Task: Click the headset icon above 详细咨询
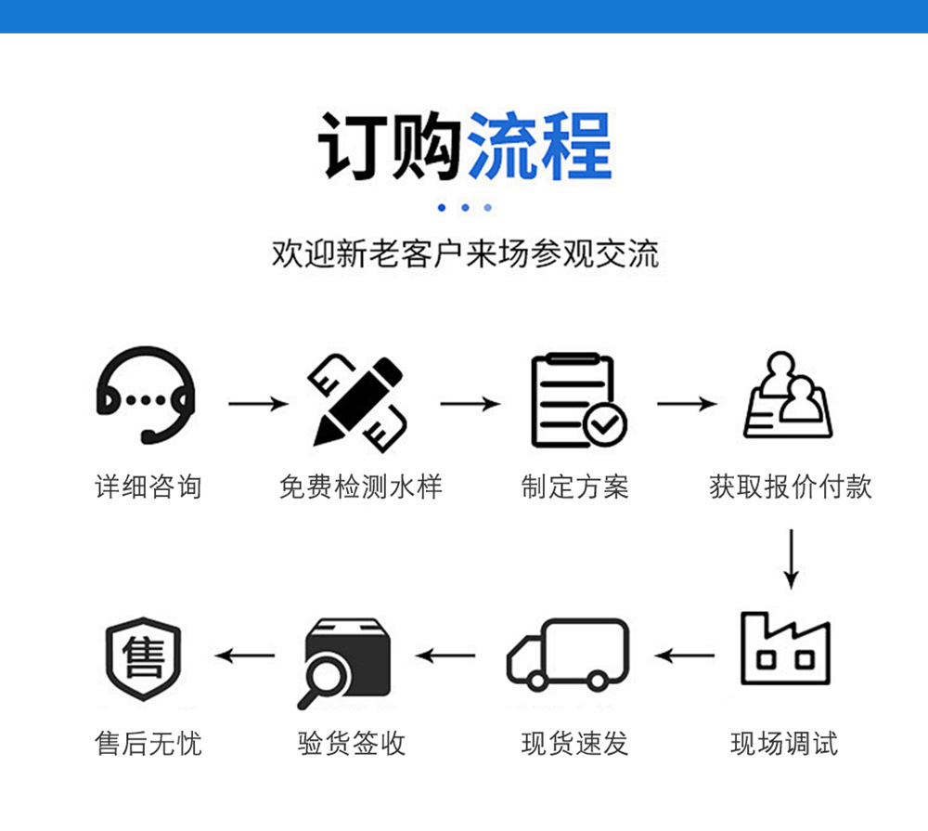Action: pos(147,396)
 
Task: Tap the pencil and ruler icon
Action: pos(358,400)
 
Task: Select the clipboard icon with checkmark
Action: pos(576,400)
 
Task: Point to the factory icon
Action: pos(785,649)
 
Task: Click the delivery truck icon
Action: pos(568,655)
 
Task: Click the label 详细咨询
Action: pos(148,487)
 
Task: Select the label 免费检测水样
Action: pos(361,487)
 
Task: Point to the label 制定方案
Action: pos(575,487)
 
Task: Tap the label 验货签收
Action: pos(352,744)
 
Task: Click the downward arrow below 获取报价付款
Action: pos(790,558)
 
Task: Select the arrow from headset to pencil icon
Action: pos(258,404)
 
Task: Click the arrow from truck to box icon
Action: pos(446,656)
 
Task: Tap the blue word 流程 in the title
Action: pos(540,148)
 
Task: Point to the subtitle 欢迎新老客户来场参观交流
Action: pos(465,253)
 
